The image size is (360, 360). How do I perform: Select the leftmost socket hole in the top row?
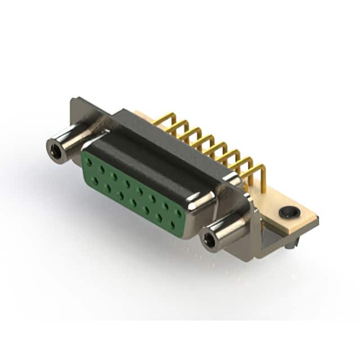[89, 162]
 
